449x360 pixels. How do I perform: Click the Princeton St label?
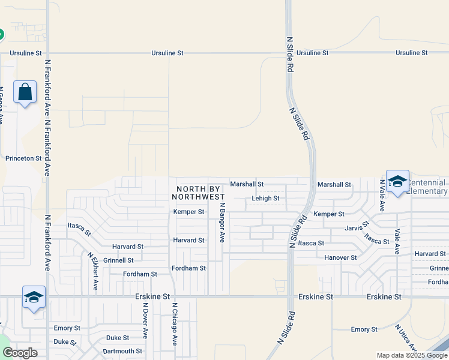[x=23, y=158]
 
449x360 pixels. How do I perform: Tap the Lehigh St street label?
[x=265, y=198]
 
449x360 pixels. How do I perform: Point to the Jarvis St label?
[x=357, y=228]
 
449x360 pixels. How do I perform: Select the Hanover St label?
[x=340, y=257]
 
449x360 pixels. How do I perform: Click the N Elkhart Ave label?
[x=92, y=271]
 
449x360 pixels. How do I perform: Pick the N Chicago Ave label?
[x=175, y=324]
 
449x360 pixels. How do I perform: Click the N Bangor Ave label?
[x=221, y=222]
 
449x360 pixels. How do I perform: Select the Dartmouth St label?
[x=122, y=351]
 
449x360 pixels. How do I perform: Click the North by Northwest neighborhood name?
[x=198, y=192]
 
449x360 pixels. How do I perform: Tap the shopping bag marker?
[x=25, y=93]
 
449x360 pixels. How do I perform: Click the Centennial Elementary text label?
[x=427, y=187]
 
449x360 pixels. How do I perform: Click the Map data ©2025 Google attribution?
[x=411, y=355]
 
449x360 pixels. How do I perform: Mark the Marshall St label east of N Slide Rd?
[x=334, y=184]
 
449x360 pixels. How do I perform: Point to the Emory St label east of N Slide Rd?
[x=364, y=329]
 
